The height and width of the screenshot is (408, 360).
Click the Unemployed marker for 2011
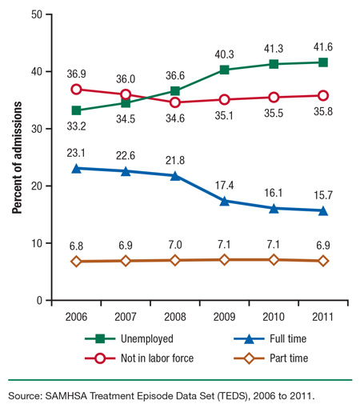pyautogui.click(x=322, y=62)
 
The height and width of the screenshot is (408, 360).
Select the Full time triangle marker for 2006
pyautogui.click(x=77, y=168)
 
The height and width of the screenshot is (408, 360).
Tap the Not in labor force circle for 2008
pyautogui.click(x=175, y=102)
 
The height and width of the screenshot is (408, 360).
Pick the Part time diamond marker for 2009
pyautogui.click(x=225, y=260)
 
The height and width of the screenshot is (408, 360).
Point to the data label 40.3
pyautogui.click(x=225, y=55)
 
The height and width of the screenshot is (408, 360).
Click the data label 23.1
pyautogui.click(x=77, y=152)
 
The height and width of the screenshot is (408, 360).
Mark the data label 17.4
pyautogui.click(x=225, y=185)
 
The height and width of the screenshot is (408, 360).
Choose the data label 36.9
pyautogui.click(x=77, y=74)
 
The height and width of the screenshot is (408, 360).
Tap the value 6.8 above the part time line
pyautogui.click(x=77, y=246)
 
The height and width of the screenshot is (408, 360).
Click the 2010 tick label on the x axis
pyautogui.click(x=274, y=316)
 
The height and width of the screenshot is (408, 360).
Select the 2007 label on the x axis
pyautogui.click(x=126, y=316)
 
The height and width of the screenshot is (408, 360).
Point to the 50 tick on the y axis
pyautogui.click(x=37, y=14)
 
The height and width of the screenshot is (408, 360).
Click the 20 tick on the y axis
pyautogui.click(x=37, y=186)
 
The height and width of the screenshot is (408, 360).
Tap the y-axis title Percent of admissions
pyautogui.click(x=15, y=156)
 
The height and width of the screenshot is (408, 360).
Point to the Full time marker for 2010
pyautogui.click(x=274, y=208)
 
